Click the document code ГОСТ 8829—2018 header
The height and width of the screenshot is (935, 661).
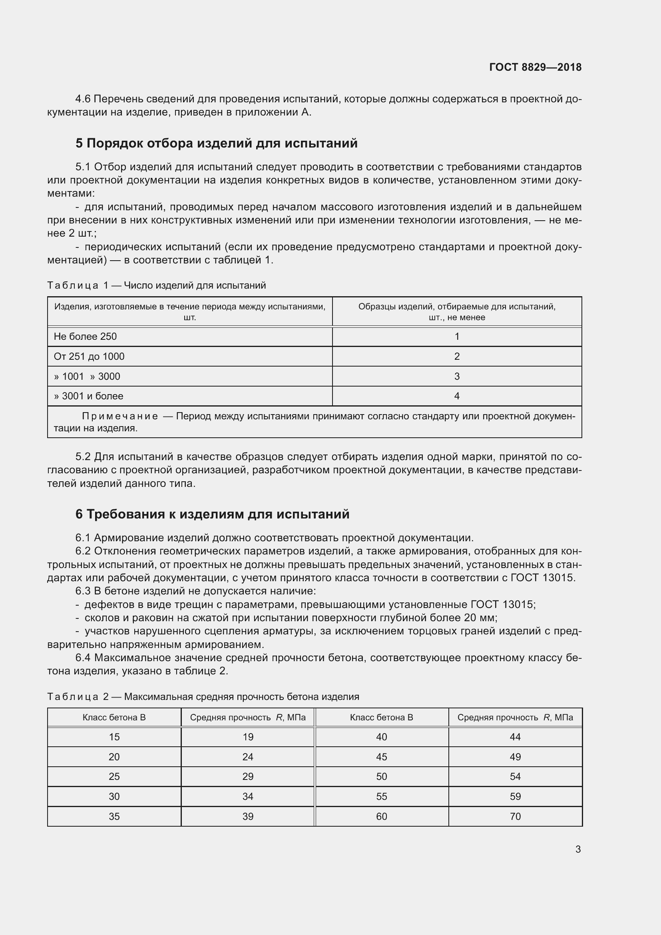(x=535, y=67)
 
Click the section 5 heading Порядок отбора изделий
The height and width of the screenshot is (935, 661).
(x=216, y=144)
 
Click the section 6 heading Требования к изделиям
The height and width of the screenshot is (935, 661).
(x=212, y=514)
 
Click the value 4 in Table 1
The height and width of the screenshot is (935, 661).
(x=457, y=396)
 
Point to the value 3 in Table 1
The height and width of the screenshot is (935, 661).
(x=457, y=376)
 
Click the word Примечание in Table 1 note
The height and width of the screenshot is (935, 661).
(x=120, y=416)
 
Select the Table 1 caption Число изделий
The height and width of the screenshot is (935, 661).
(x=195, y=285)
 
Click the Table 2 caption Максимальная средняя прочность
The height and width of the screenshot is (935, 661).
(x=241, y=697)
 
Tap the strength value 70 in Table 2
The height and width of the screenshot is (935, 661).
(x=515, y=817)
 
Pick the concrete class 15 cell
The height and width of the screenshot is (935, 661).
(x=114, y=737)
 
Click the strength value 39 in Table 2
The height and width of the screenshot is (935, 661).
(x=247, y=817)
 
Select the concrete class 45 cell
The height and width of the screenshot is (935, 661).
(x=381, y=757)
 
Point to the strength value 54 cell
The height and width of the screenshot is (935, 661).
(x=515, y=777)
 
